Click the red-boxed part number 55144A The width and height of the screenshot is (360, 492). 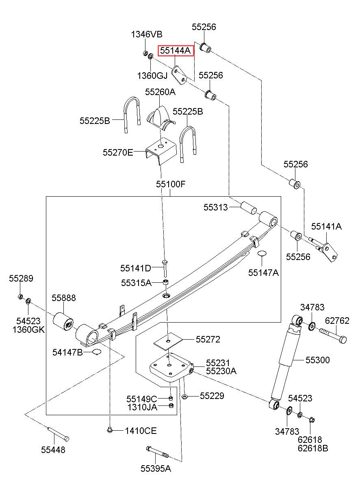(x=175, y=51)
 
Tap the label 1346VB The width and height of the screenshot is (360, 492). (x=147, y=34)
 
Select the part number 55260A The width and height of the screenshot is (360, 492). (x=160, y=92)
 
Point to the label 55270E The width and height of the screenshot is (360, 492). (x=118, y=152)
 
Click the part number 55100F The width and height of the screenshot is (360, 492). (x=171, y=184)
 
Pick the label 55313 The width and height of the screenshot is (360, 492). (x=215, y=207)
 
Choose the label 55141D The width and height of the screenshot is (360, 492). (x=136, y=268)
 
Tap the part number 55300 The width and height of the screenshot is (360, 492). (x=318, y=360)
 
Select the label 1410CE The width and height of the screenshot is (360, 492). (x=141, y=431)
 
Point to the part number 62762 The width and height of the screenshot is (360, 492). (x=337, y=321)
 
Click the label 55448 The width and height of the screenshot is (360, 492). (x=53, y=450)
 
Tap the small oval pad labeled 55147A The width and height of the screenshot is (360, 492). (x=262, y=253)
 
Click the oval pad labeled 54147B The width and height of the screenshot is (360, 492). (x=97, y=352)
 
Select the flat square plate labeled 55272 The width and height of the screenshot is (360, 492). (x=168, y=341)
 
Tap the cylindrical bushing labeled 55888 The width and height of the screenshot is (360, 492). (x=63, y=321)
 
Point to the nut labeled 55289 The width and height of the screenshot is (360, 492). (x=20, y=297)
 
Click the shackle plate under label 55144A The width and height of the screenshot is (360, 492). (x=180, y=75)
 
